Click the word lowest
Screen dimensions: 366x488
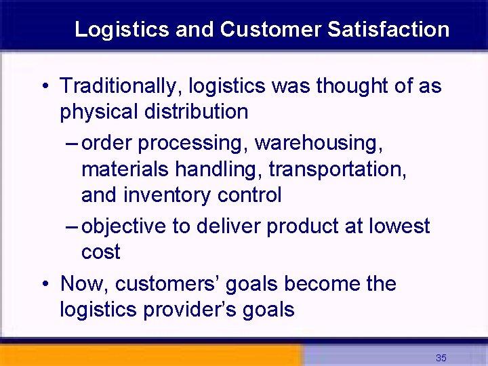coord(399,226)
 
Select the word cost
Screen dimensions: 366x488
coord(100,251)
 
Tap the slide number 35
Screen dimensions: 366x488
coord(441,358)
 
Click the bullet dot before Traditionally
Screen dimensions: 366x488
coord(44,87)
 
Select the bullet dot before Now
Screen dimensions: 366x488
coord(44,284)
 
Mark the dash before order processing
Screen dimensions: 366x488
coord(73,144)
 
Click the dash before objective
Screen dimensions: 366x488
coord(73,226)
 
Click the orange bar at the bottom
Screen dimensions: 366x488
coord(149,355)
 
